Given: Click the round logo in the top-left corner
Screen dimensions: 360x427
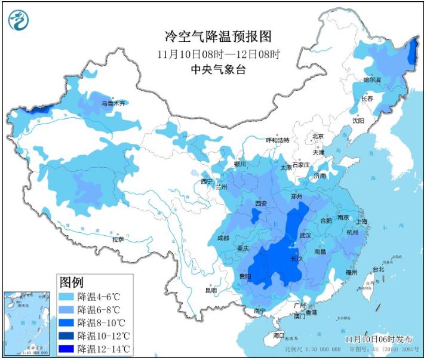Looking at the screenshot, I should pos(19,20).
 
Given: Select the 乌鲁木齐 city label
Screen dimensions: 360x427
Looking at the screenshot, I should pos(113,103).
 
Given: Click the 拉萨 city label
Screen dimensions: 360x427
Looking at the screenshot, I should pos(118,239).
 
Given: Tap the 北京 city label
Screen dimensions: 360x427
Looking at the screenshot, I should pos(318,136).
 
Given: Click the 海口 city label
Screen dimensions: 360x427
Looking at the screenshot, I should pos(279,336).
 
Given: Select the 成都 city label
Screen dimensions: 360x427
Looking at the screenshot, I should pos(222,238).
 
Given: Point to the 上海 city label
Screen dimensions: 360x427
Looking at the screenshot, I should pos(361,221).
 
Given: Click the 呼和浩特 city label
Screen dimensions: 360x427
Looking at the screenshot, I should pos(278,140).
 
